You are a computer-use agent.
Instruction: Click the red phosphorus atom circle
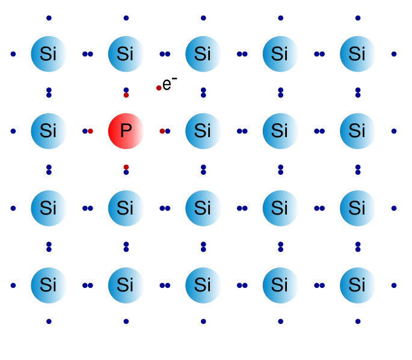tap(126, 130)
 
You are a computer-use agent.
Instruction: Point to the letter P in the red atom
tap(126, 130)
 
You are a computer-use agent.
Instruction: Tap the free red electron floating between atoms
tap(159, 88)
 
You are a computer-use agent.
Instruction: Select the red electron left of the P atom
tap(90, 131)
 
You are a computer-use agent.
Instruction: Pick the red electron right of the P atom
tap(162, 131)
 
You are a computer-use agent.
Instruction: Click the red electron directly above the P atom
tap(126, 95)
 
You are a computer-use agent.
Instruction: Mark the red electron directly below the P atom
tap(126, 166)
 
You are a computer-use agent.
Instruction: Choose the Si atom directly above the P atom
tap(126, 53)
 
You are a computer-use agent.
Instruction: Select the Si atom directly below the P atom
tap(126, 208)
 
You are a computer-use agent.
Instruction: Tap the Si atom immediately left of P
tap(49, 130)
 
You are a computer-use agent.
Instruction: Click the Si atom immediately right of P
tap(203, 130)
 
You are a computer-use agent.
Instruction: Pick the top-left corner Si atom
tap(49, 53)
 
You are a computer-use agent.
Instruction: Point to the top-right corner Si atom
tap(357, 53)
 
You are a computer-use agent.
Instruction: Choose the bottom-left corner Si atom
tap(49, 285)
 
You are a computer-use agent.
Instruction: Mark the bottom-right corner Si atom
tap(357, 285)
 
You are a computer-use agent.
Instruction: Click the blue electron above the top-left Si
tap(49, 18)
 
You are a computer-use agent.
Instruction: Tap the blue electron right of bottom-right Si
tap(394, 285)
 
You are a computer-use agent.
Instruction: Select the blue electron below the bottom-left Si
tap(49, 322)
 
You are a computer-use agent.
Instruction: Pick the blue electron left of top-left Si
tap(13, 54)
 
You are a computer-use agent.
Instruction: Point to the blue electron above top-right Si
tap(358, 18)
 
